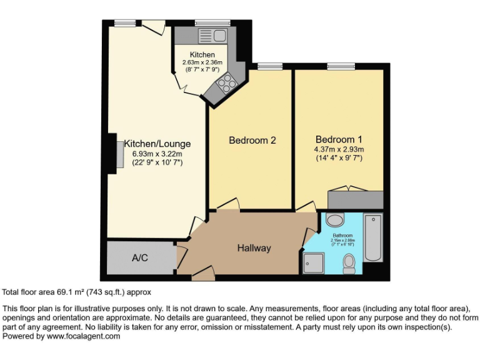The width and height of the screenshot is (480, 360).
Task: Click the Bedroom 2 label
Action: pyautogui.click(x=252, y=141)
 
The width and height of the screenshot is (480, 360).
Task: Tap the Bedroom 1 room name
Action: pyautogui.click(x=339, y=139)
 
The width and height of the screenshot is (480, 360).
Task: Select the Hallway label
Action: pyautogui.click(x=254, y=248)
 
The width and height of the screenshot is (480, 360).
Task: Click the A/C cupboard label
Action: pyautogui.click(x=140, y=257)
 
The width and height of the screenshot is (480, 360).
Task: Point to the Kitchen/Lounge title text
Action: pyautogui.click(x=157, y=144)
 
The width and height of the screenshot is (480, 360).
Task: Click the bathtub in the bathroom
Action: pyautogui.click(x=373, y=238)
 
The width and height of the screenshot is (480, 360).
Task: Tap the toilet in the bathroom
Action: pyautogui.click(x=349, y=264)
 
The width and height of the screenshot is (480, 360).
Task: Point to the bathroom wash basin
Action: pyautogui.click(x=335, y=220)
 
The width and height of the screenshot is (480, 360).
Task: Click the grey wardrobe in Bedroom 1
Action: pyautogui.click(x=355, y=199)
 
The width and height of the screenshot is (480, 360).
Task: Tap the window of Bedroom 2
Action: pyautogui.click(x=269, y=66)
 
